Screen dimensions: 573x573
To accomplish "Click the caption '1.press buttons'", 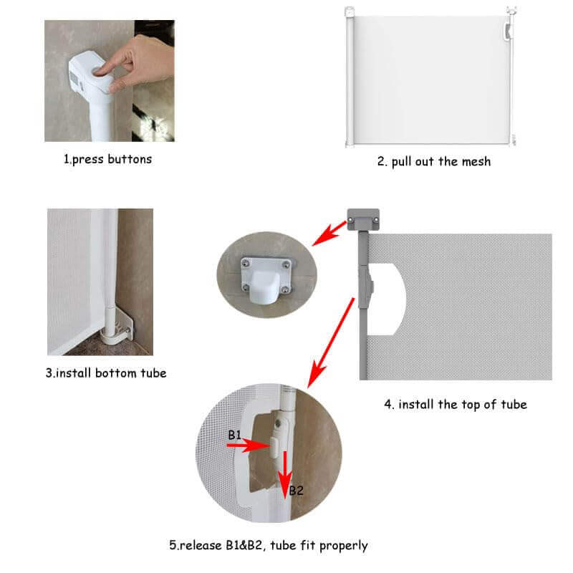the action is (108, 159).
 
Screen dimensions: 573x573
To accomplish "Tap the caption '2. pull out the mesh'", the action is (434, 161).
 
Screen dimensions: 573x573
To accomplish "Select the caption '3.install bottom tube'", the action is (106, 372).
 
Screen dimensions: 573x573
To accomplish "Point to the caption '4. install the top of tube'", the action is (456, 405).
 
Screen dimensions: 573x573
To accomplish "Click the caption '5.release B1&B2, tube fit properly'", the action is (268, 546).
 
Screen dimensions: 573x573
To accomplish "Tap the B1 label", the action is (235, 435).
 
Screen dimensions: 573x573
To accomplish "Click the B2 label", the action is (296, 491).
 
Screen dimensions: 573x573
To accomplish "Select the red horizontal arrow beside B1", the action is (248, 446).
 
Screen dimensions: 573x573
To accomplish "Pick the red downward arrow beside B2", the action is (285, 475).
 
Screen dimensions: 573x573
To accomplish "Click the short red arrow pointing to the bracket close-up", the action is (329, 233).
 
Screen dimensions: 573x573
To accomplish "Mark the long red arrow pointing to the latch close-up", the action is (331, 343).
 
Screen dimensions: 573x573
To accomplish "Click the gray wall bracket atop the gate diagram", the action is (363, 219).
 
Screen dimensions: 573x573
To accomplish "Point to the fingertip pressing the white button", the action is (100, 71).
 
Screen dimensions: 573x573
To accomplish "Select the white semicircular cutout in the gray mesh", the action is (387, 299).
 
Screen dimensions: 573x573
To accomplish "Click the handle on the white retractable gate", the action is (508, 31).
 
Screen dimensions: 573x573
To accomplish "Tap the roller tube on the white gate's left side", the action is (350, 77).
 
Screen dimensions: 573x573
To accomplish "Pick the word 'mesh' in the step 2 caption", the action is (476, 161).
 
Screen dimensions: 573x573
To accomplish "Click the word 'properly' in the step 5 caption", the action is (344, 546).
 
